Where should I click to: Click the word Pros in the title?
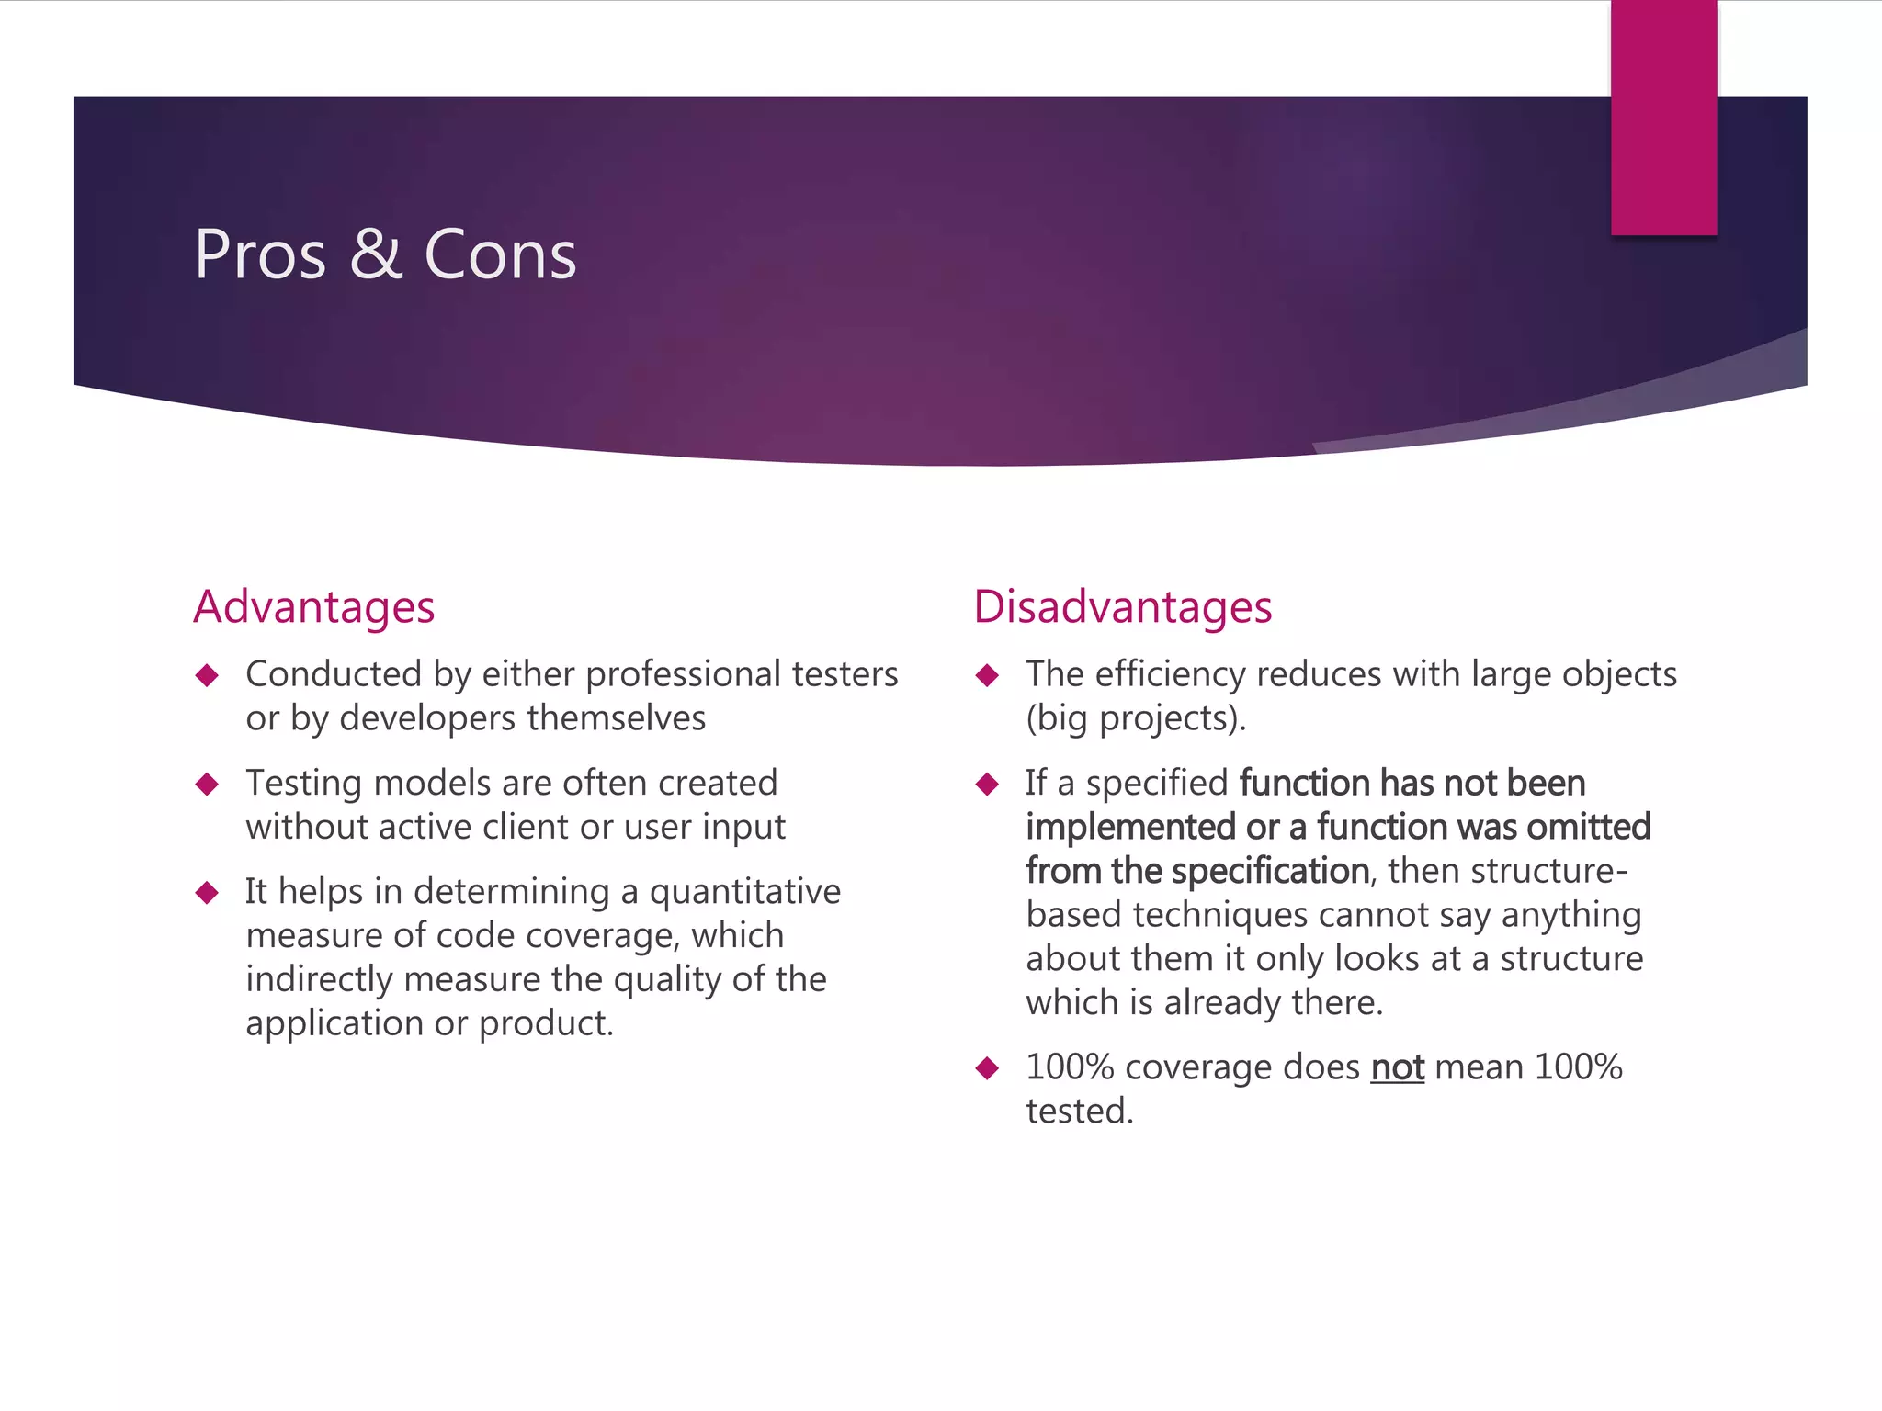260,254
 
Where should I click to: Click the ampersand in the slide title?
376,254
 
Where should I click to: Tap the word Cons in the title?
500,254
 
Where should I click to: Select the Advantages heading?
313,607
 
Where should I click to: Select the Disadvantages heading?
1122,607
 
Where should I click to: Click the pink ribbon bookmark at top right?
1663,118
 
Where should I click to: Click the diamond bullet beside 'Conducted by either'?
208,676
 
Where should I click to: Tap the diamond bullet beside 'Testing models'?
208,785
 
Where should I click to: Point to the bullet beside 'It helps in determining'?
208,893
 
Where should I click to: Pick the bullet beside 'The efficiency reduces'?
988,676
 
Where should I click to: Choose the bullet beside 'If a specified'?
988,785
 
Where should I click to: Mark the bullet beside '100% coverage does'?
988,1068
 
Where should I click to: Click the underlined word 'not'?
1397,1067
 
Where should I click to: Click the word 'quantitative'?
744,891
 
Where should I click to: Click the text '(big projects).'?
1136,718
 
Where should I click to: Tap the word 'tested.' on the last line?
1080,1112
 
